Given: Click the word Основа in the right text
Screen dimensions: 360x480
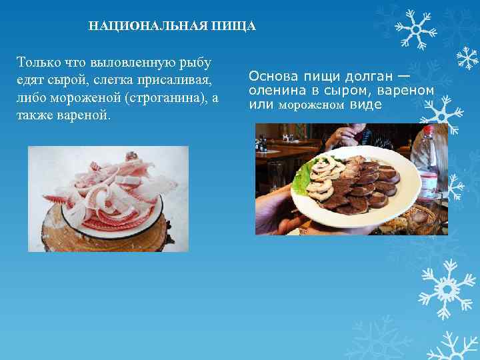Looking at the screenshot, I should (273, 74).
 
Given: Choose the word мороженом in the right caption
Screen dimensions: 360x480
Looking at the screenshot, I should (311, 105).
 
